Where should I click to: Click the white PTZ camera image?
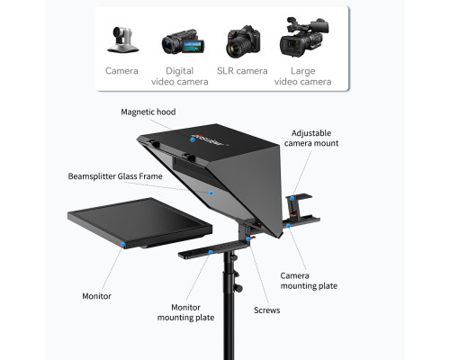[122, 40]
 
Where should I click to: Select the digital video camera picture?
[183, 41]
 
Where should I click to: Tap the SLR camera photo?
[243, 41]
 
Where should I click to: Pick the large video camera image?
[304, 37]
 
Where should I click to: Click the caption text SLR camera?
[242, 71]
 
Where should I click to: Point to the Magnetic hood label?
[148, 112]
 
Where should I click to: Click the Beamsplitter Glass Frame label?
[115, 176]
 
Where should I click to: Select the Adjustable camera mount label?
[311, 138]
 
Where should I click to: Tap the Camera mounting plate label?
[309, 281]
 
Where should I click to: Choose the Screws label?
[267, 310]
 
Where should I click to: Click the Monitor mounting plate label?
[185, 312]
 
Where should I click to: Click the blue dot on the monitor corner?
[123, 245]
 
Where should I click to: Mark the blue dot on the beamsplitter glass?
[211, 193]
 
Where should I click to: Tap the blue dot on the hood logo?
[193, 139]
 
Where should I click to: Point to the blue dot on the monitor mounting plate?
[211, 252]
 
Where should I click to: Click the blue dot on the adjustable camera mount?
[292, 198]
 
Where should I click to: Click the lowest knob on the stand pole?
[238, 288]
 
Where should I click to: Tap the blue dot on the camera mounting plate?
[288, 226]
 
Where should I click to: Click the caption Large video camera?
[302, 76]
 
